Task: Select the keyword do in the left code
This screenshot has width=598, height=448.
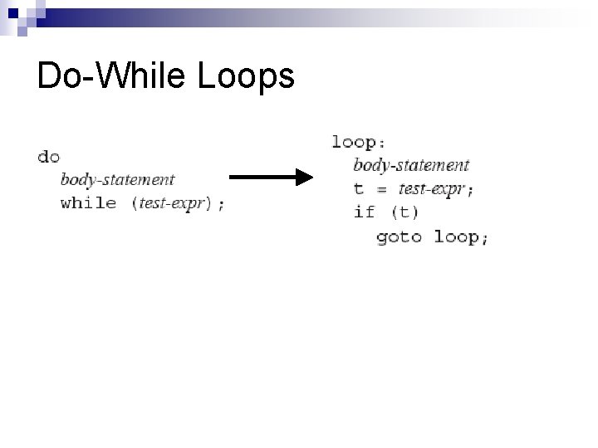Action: (x=48, y=156)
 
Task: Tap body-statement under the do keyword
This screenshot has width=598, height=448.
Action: (x=117, y=179)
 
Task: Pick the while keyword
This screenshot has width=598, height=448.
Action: (x=88, y=203)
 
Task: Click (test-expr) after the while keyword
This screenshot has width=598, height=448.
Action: (x=172, y=203)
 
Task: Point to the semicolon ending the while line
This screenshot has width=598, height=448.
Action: (x=220, y=204)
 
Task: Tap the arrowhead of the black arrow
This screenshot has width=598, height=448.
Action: (x=304, y=177)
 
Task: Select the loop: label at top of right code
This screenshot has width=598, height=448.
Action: (x=360, y=142)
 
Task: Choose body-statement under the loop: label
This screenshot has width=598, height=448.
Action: (x=411, y=165)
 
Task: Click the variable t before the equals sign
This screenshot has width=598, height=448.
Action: (x=359, y=189)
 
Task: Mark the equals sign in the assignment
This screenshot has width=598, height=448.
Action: (x=381, y=189)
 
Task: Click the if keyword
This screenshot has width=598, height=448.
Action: (x=364, y=212)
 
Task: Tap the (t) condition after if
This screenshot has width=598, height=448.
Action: (x=404, y=212)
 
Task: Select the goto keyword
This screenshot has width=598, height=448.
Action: (x=399, y=236)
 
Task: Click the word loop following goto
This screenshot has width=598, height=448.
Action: (x=455, y=236)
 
